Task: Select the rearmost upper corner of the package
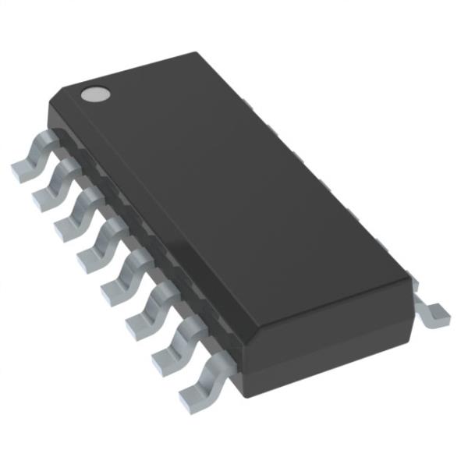[x=194, y=54]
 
